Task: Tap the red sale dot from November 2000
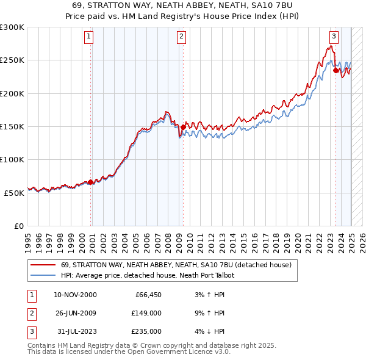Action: click(91, 182)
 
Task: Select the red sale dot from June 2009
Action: click(184, 127)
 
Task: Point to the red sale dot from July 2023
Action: click(335, 70)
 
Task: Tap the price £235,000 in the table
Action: click(147, 331)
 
